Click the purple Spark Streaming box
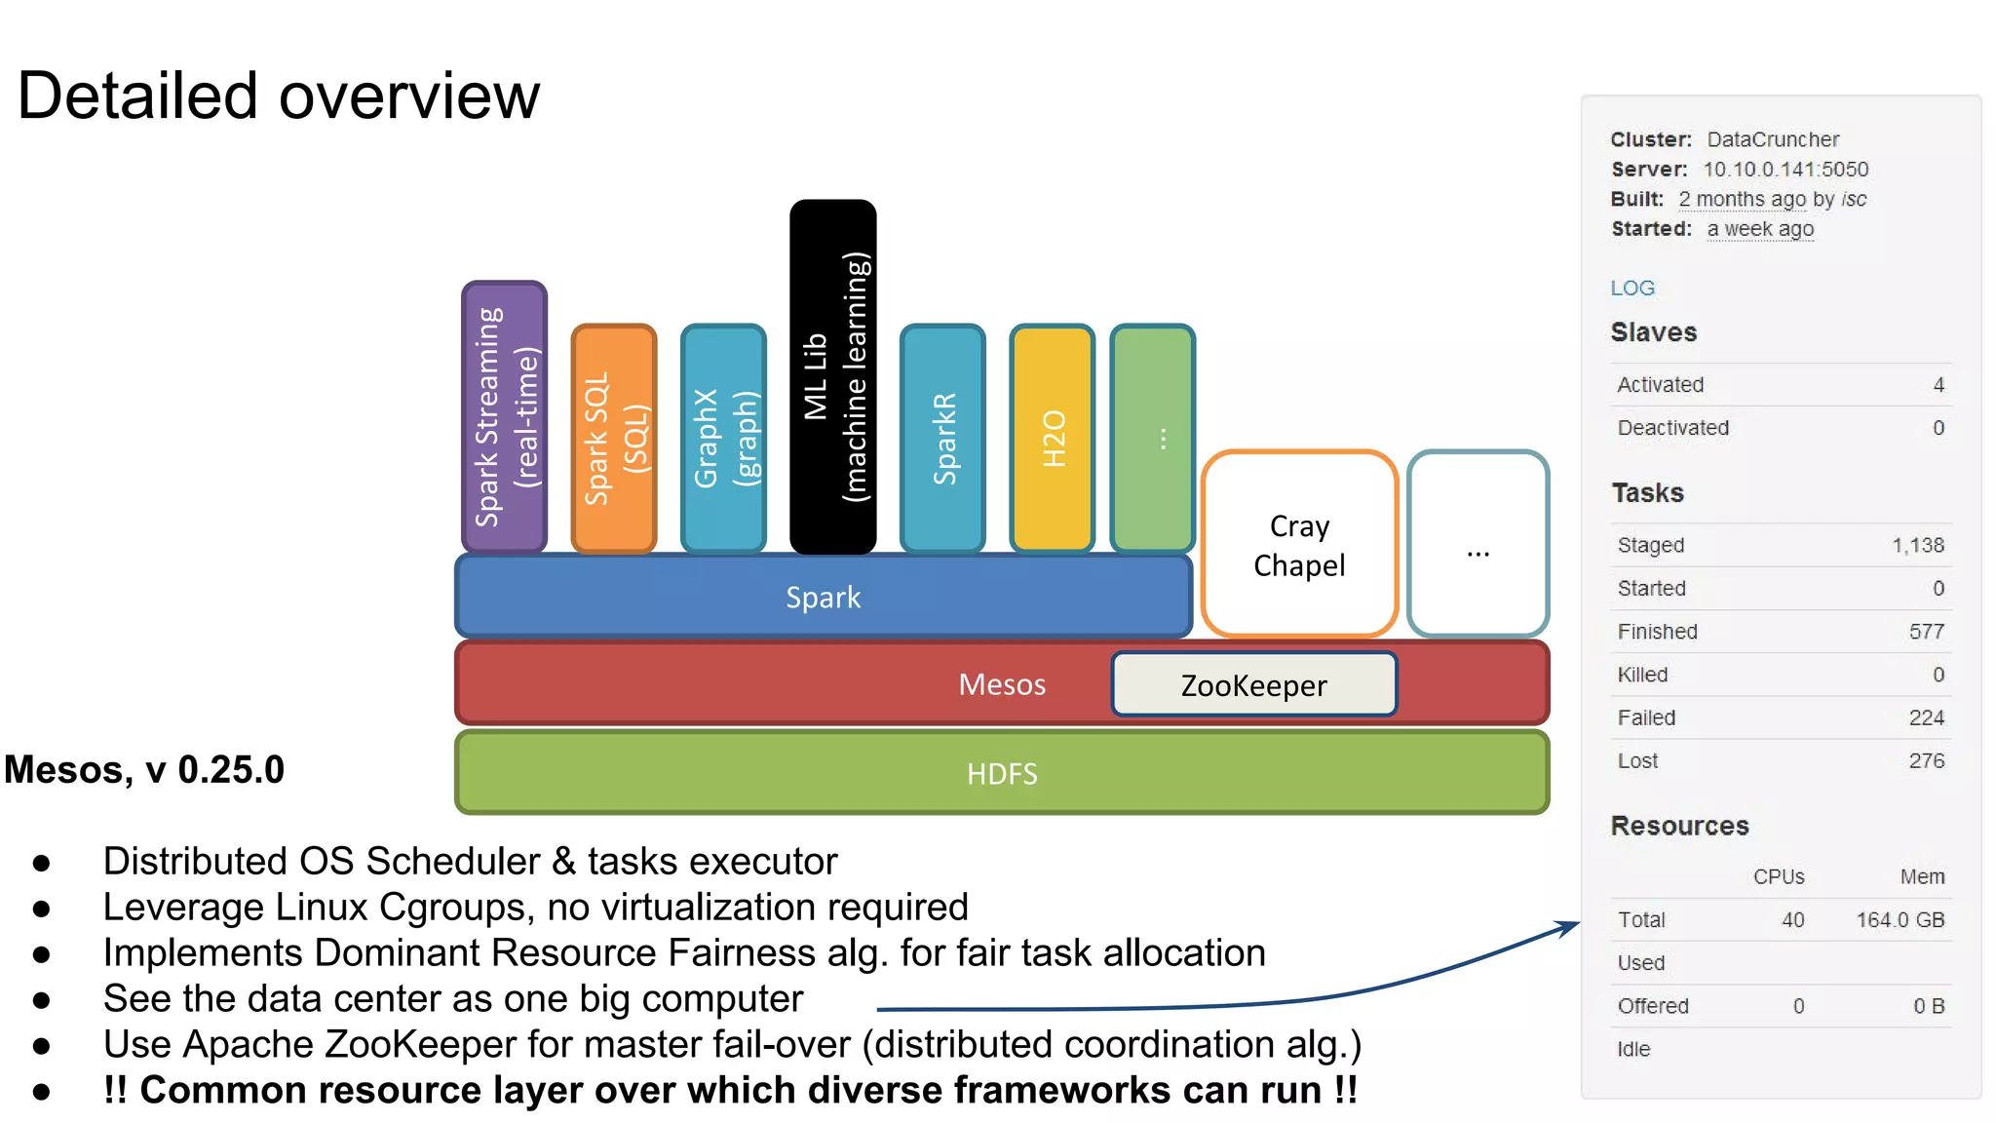coord(504,417)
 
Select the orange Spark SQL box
coord(614,439)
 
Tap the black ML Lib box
coord(832,377)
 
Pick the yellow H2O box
coord(1053,439)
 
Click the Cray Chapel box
coord(1299,545)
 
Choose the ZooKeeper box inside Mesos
coord(1253,685)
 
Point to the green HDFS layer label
coord(1001,774)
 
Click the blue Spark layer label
coord(823,598)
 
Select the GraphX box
coord(723,439)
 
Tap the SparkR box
coord(942,439)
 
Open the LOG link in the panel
coord(1631,289)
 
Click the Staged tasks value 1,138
coord(1917,546)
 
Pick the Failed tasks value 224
coord(1926,718)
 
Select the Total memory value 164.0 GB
coord(1900,920)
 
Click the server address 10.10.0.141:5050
coord(1785,170)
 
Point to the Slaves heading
coord(1653,332)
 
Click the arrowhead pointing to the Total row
coord(1570,925)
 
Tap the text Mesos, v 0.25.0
coord(144,770)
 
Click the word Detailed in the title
coord(137,97)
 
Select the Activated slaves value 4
coord(1938,385)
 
